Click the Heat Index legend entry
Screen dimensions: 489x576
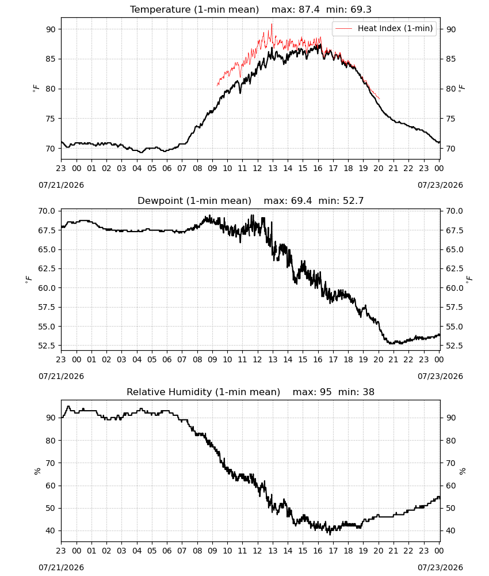click(384, 28)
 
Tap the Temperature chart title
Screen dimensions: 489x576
click(251, 9)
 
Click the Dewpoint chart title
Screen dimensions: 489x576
click(251, 200)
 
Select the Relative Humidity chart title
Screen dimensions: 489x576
click(251, 392)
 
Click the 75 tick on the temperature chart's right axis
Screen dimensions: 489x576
click(451, 119)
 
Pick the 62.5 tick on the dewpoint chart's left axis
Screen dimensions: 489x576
click(47, 268)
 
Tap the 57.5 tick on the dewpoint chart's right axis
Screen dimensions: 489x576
click(454, 307)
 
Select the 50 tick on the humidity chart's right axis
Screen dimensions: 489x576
click(451, 508)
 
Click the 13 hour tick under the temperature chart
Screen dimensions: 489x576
click(273, 168)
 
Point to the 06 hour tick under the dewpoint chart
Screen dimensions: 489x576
click(167, 359)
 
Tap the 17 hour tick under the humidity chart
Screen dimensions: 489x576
click(333, 551)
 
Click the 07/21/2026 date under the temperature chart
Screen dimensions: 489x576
click(61, 185)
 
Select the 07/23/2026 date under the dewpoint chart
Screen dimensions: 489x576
click(440, 376)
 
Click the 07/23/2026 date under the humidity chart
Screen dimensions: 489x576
click(440, 567)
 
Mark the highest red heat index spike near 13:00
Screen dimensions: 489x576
click(272, 24)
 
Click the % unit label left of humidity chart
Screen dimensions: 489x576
click(37, 471)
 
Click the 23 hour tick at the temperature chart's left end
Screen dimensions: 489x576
click(61, 168)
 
